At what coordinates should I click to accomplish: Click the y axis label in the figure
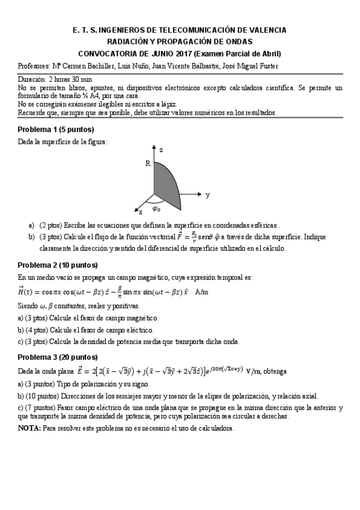207,195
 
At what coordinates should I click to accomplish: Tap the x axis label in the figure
141,212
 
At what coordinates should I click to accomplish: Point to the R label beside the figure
147,163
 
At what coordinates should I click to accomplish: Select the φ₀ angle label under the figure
156,210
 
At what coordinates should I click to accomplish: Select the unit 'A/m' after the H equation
201,292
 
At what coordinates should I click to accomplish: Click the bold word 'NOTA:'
29,428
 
